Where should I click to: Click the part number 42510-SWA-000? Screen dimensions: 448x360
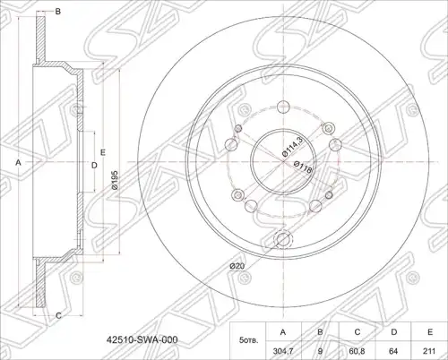(x=142, y=339)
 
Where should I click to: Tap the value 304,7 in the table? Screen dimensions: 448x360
(x=283, y=351)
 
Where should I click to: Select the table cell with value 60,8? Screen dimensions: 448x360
(x=357, y=351)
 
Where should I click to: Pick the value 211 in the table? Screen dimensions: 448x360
(x=429, y=351)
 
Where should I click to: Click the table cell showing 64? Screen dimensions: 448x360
(x=393, y=351)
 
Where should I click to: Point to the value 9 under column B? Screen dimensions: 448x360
(x=320, y=351)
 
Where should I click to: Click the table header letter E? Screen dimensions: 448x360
(x=430, y=332)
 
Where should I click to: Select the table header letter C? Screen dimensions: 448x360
(x=358, y=332)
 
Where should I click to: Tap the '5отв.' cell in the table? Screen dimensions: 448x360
(x=248, y=340)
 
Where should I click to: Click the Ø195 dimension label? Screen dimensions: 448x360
(x=116, y=180)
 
